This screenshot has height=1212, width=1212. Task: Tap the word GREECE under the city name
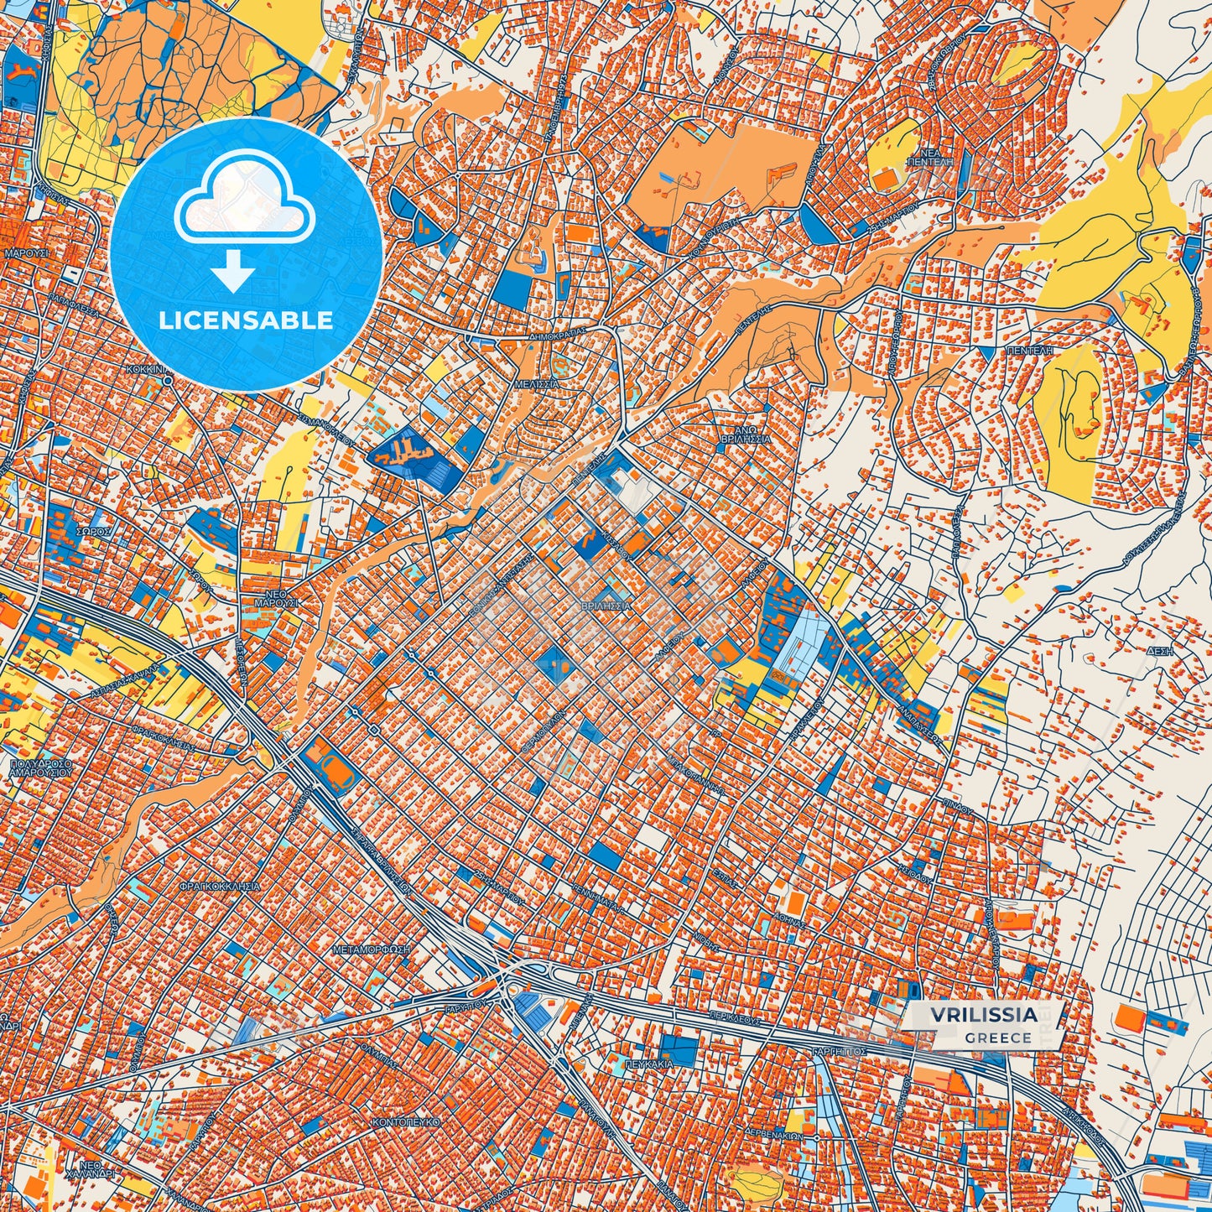(x=997, y=1038)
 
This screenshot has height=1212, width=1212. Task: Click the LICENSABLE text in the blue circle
(x=246, y=320)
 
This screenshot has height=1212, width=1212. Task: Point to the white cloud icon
(x=244, y=202)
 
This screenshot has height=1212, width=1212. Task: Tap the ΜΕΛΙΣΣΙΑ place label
(x=536, y=383)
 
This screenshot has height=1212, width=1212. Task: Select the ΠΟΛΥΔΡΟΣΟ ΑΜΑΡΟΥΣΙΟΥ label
(x=40, y=770)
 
